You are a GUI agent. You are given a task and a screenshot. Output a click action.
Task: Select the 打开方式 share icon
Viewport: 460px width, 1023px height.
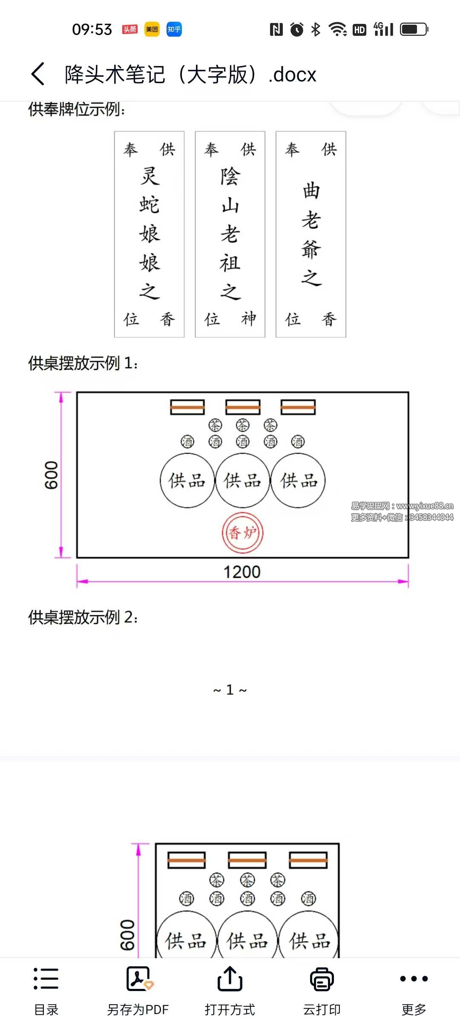point(230,979)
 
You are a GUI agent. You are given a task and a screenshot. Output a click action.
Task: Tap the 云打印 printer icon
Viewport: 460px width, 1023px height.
point(322,979)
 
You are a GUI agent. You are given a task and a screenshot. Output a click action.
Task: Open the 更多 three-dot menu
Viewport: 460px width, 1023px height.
point(414,979)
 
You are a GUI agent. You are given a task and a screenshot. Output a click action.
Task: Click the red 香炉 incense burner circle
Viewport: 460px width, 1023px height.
point(242,533)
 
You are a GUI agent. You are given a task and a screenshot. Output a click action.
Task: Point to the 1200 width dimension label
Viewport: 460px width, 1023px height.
point(242,572)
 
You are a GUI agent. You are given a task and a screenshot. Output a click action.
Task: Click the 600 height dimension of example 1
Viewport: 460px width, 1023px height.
point(52,475)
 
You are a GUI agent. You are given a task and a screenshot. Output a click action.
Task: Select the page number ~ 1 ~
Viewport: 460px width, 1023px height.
point(230,690)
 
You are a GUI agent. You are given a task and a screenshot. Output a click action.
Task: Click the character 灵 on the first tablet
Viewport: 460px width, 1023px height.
point(149,176)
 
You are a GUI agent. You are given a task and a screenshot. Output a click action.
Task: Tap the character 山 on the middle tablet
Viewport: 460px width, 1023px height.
point(230,205)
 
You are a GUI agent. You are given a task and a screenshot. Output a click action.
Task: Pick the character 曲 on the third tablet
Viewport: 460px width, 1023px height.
point(311,191)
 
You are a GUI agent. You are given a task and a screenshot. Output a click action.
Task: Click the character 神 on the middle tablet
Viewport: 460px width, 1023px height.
point(249,319)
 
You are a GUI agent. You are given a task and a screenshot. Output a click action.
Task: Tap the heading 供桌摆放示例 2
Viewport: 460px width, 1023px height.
point(83,617)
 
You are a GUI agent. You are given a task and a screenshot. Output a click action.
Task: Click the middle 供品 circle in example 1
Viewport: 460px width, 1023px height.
point(242,480)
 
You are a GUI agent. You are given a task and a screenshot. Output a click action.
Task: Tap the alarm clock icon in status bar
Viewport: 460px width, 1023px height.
point(297,29)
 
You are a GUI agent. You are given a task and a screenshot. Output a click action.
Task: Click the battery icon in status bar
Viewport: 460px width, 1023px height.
point(414,29)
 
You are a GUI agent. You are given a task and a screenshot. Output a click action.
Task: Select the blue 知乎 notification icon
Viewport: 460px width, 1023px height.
point(174,29)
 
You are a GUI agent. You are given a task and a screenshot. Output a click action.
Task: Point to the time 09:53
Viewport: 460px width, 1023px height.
point(92,29)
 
